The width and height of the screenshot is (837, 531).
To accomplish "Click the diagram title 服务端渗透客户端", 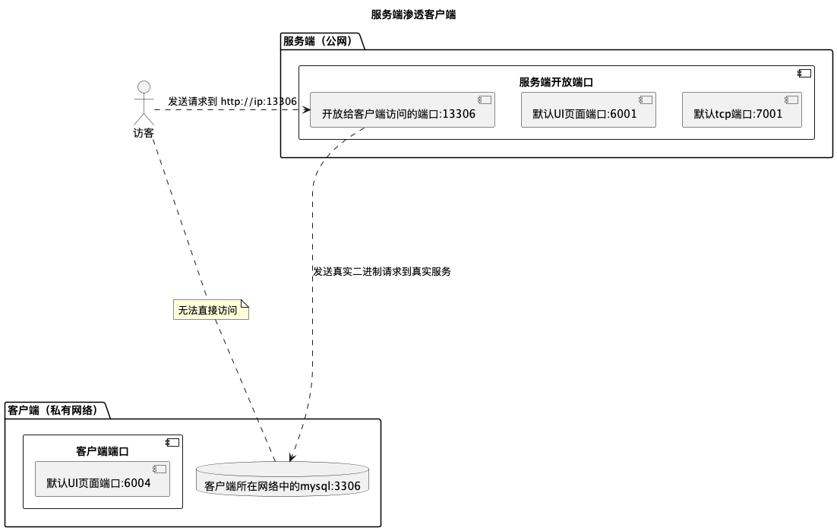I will click(413, 14).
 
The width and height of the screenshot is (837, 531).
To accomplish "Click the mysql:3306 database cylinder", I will click(283, 480).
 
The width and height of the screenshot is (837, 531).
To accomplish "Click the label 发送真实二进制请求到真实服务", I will click(382, 271).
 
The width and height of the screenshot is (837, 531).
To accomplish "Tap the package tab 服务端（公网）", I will click(320, 41).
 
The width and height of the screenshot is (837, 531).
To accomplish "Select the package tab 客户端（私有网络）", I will click(54, 410).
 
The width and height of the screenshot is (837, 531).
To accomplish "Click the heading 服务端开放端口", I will click(556, 82).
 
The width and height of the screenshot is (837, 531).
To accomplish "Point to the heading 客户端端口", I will click(103, 451).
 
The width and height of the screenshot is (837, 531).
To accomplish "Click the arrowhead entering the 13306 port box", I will click(307, 110).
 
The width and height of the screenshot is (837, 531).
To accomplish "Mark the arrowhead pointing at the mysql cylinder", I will click(290, 458).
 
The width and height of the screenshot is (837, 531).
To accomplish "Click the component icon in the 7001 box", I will click(791, 100).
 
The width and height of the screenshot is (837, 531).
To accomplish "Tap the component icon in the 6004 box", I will click(159, 469).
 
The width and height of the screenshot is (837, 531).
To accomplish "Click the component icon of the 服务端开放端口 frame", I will click(804, 74).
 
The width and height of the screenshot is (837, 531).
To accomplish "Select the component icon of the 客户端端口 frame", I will click(172, 443).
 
